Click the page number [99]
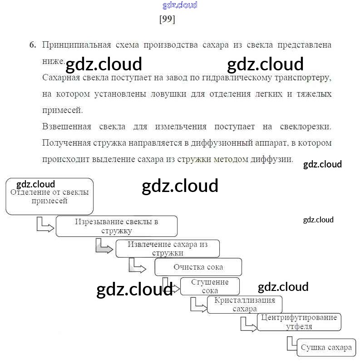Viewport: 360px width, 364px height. click(x=167, y=20)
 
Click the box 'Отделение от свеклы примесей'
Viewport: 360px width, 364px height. click(x=49, y=197)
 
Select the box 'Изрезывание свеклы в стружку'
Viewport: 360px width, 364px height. click(x=117, y=226)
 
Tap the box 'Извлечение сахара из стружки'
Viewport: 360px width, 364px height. click(x=168, y=249)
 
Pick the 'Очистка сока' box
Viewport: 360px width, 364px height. click(x=198, y=267)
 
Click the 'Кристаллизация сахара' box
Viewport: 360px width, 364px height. click(x=244, y=305)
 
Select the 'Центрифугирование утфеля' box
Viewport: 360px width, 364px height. click(x=299, y=322)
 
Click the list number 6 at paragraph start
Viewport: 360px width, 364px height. click(x=32, y=45)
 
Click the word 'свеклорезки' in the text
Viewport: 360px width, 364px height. click(x=306, y=127)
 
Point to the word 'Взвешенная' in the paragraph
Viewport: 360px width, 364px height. click(x=66, y=127)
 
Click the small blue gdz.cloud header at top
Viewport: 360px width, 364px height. click(x=180, y=5)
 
